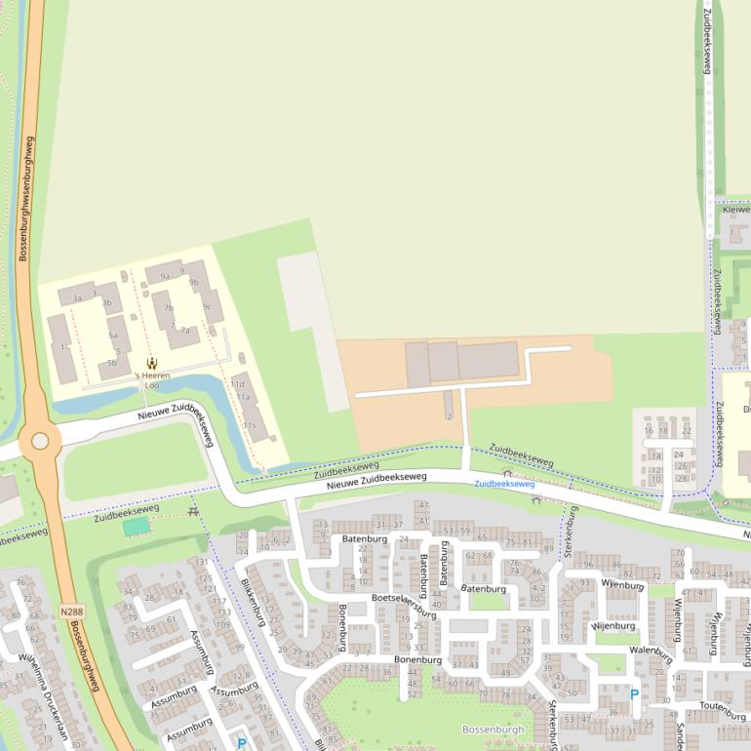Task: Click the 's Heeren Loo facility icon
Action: click(x=151, y=364)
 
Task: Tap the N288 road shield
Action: click(x=71, y=612)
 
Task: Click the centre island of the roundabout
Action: click(x=40, y=441)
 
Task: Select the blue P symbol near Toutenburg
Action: click(x=634, y=694)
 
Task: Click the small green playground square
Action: click(x=137, y=527)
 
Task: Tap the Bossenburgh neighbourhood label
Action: click(x=493, y=730)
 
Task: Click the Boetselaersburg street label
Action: click(x=403, y=605)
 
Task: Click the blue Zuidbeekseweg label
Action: click(x=504, y=484)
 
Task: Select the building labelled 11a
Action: click(x=244, y=397)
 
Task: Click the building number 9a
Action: click(x=165, y=276)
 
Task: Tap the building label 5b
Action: click(x=113, y=363)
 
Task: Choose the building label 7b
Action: click(x=169, y=308)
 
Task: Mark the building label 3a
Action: click(x=76, y=298)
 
